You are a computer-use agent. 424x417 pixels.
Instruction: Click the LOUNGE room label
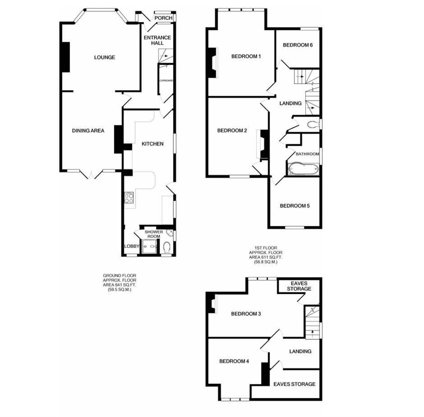[x=105, y=58]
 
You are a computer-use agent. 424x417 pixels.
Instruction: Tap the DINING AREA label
[x=88, y=131]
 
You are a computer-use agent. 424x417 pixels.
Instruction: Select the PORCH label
[x=163, y=18]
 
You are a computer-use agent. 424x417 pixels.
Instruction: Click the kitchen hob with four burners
[x=129, y=198]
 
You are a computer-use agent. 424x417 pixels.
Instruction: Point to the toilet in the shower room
[x=167, y=248]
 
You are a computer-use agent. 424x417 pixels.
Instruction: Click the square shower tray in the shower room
[x=150, y=246]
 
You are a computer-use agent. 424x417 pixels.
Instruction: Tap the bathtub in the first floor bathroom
[x=303, y=169]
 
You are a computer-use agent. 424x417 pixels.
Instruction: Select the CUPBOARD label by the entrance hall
[x=166, y=81]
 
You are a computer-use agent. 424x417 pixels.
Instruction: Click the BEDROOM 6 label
[x=298, y=45]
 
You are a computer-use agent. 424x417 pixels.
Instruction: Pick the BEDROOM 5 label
[x=295, y=206]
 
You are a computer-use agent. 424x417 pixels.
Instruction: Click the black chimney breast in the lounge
[x=65, y=57]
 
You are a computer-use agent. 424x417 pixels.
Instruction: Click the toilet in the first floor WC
[x=313, y=125]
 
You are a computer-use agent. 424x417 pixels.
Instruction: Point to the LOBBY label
[x=131, y=246]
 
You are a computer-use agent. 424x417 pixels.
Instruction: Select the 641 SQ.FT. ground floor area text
[x=119, y=285]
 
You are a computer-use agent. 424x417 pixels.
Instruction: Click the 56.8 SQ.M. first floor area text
[x=266, y=262]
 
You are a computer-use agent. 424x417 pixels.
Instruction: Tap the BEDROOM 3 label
[x=246, y=314]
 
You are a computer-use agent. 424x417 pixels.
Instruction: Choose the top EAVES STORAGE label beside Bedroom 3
[x=299, y=286]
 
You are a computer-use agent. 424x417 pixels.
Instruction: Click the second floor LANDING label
[x=300, y=351]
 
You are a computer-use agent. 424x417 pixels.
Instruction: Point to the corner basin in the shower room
[x=170, y=232]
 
